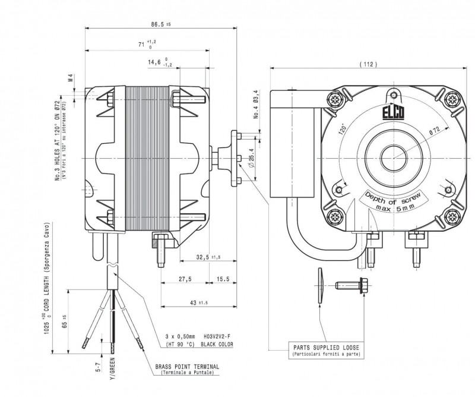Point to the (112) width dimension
click(x=368, y=64)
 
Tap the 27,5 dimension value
click(x=185, y=279)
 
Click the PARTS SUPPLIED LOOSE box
click(x=326, y=349)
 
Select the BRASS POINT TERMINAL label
click(x=187, y=366)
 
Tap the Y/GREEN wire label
click(x=110, y=369)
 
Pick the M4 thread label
click(x=70, y=78)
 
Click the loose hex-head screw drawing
click(x=353, y=285)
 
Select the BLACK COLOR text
click(x=218, y=344)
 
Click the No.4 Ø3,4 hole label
click(x=256, y=105)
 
